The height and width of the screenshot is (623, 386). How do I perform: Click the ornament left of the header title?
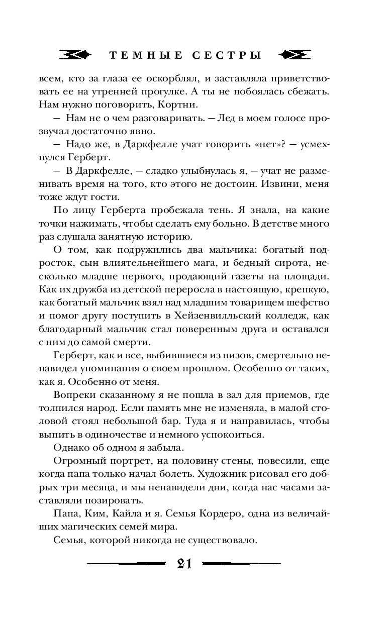pyautogui.click(x=74, y=55)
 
